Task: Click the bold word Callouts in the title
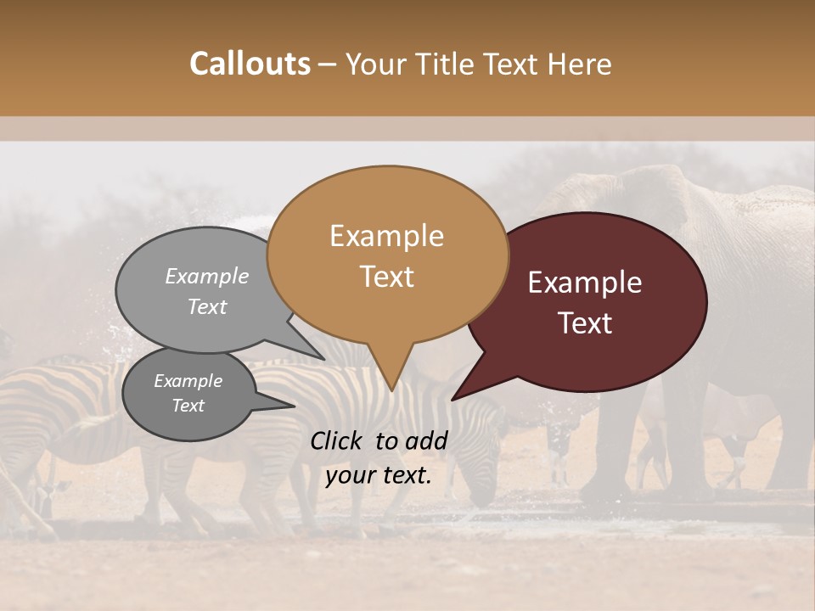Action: [x=250, y=64]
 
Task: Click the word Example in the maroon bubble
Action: [x=585, y=283]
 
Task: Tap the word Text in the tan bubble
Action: [x=387, y=277]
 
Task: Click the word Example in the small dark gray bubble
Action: [x=188, y=381]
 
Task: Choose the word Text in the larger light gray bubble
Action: [x=207, y=306]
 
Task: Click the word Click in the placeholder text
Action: [x=338, y=440]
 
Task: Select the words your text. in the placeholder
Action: [x=378, y=475]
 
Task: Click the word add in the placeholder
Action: [x=427, y=440]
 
